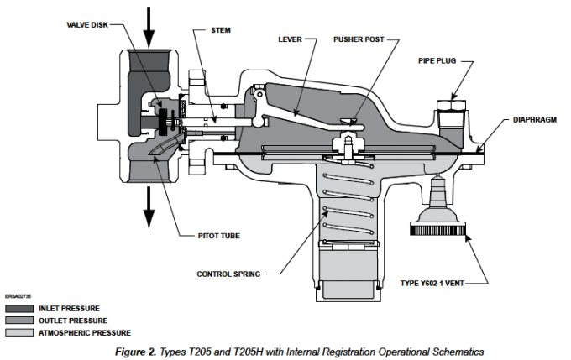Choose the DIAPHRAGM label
tap(536, 119)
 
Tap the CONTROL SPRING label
tap(229, 274)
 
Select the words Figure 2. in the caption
tap(135, 349)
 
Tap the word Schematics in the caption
tap(458, 349)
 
